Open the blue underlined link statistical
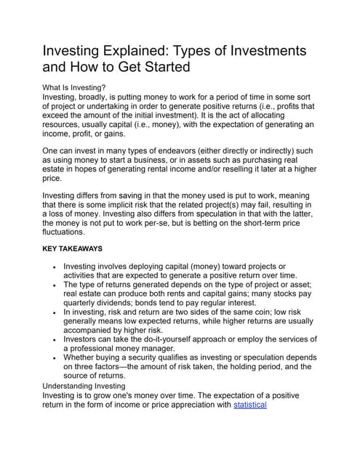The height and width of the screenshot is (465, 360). pos(250,405)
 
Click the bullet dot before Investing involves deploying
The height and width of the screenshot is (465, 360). pos(55,267)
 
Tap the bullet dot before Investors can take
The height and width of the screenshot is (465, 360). pos(55,339)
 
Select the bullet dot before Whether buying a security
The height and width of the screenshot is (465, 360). pos(55,358)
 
